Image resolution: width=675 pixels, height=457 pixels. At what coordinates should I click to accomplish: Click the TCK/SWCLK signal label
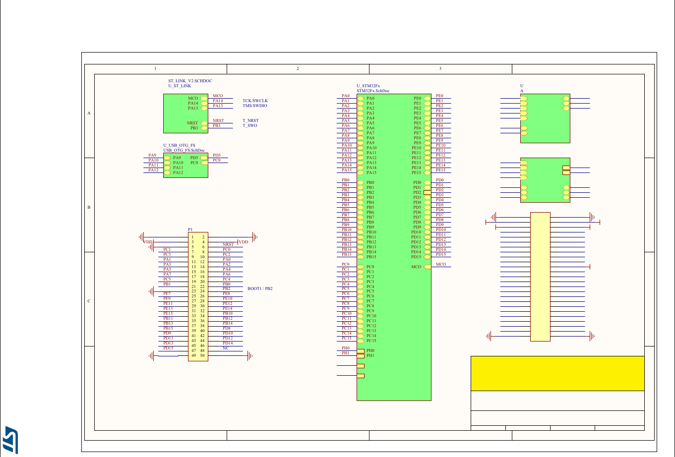[x=255, y=101]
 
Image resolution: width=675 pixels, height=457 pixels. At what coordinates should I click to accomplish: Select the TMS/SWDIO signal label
[x=255, y=106]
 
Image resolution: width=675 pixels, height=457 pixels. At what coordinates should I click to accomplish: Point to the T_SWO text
[x=250, y=125]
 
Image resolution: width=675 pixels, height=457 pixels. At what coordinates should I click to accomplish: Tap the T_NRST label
[x=250, y=120]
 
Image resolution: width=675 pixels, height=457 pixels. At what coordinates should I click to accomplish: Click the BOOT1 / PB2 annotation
[x=260, y=288]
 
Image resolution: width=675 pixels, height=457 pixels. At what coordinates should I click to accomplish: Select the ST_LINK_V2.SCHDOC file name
[x=190, y=80]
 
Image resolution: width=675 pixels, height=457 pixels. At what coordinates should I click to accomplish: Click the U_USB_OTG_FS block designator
[x=179, y=145]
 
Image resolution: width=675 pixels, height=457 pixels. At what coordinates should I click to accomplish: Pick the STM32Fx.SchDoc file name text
[x=373, y=91]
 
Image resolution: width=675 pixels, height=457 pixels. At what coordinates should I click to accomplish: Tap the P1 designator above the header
[x=190, y=229]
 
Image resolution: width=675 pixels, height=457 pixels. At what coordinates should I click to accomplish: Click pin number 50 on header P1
[x=202, y=355]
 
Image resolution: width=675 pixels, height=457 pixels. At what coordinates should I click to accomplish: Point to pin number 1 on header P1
[x=192, y=237]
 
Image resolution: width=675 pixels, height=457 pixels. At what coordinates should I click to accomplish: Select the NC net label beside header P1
[x=226, y=348]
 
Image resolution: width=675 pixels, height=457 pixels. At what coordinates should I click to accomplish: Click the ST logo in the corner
[x=11, y=440]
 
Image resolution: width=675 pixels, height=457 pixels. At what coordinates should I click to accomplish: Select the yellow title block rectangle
[x=557, y=373]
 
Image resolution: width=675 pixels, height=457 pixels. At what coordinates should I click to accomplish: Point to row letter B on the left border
[x=89, y=207]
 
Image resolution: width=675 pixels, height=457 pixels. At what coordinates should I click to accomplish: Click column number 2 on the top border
[x=298, y=68]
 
